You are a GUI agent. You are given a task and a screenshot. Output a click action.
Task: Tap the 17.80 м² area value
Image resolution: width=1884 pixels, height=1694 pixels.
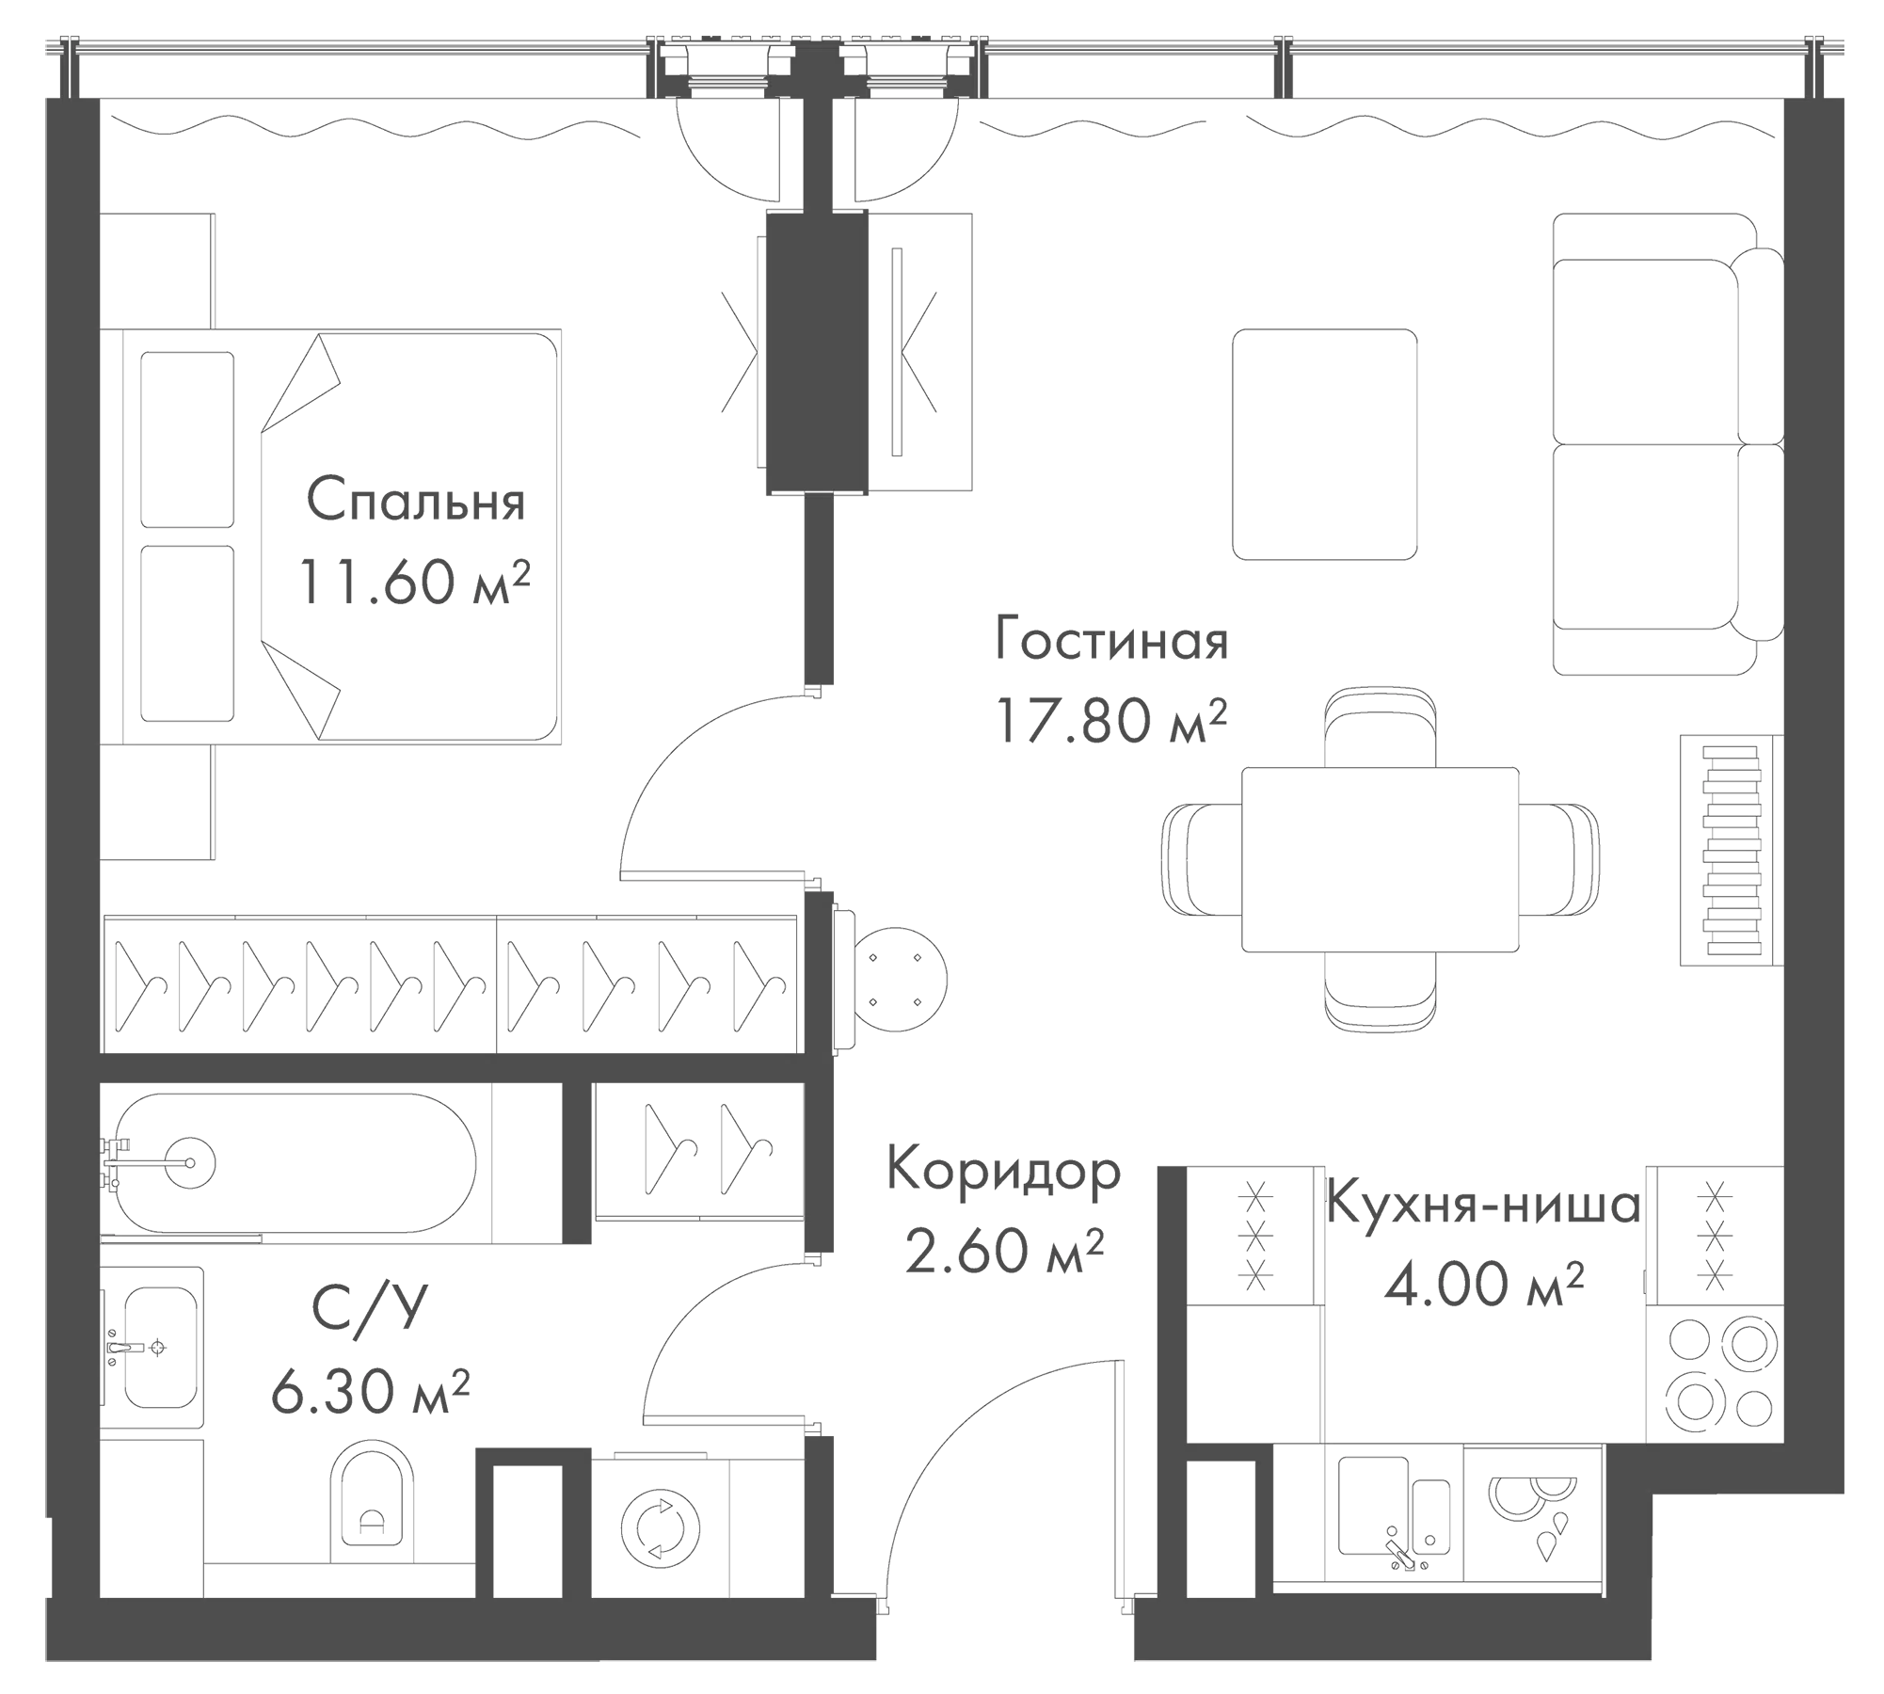pyautogui.click(x=1110, y=722)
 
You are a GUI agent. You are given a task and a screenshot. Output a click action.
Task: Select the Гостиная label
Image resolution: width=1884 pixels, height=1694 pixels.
pyautogui.click(x=1110, y=643)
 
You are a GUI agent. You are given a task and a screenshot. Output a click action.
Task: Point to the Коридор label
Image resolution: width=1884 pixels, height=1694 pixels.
pyautogui.click(x=1003, y=1172)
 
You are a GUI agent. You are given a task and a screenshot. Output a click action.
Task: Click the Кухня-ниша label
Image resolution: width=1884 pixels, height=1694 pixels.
pyautogui.click(x=1483, y=1206)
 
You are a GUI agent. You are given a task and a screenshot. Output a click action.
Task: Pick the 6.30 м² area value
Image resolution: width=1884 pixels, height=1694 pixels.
pyautogui.click(x=370, y=1392)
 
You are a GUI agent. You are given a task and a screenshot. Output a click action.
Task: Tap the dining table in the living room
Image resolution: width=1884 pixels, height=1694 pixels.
pyautogui.click(x=1380, y=860)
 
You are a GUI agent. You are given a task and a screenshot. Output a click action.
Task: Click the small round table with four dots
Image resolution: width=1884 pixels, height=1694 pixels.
pyautogui.click(x=895, y=981)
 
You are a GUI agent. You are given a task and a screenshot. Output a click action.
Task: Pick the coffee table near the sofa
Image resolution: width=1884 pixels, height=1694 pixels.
pyautogui.click(x=1324, y=443)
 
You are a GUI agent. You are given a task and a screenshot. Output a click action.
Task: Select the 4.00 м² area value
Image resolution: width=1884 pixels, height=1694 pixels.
pyautogui.click(x=1483, y=1285)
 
